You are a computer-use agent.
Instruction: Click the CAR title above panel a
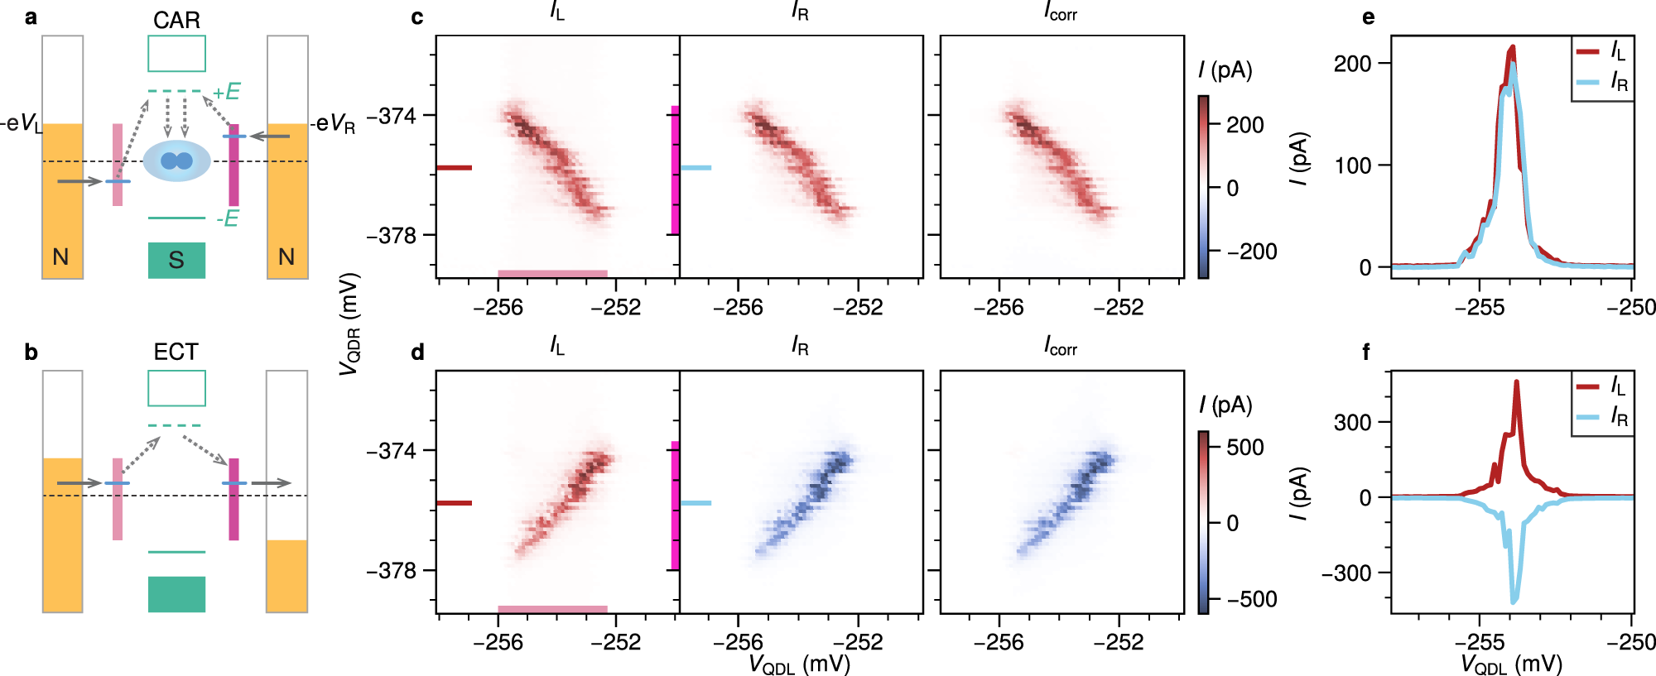(176, 20)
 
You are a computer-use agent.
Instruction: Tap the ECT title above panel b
(176, 352)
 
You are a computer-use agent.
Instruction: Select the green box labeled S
(176, 260)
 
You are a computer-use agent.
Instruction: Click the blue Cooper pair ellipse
(176, 161)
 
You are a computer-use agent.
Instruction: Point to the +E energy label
(226, 92)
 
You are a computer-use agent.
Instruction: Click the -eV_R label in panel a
(333, 125)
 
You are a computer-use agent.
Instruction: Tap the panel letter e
(1368, 17)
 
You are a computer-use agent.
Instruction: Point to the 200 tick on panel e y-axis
(1352, 64)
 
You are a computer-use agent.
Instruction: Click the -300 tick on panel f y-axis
(1346, 573)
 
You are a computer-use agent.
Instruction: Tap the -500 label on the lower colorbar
(1251, 599)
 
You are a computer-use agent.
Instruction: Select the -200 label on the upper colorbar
(1251, 252)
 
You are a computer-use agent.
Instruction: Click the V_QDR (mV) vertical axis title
(349, 324)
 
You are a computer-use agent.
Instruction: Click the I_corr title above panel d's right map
(1061, 347)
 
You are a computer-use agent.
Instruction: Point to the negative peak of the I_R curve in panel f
(1514, 600)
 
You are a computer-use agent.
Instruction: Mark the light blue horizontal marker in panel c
(696, 168)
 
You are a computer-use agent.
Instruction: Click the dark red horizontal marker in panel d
(454, 503)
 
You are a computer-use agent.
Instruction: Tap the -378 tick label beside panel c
(391, 236)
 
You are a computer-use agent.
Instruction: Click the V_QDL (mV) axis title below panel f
(1511, 664)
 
